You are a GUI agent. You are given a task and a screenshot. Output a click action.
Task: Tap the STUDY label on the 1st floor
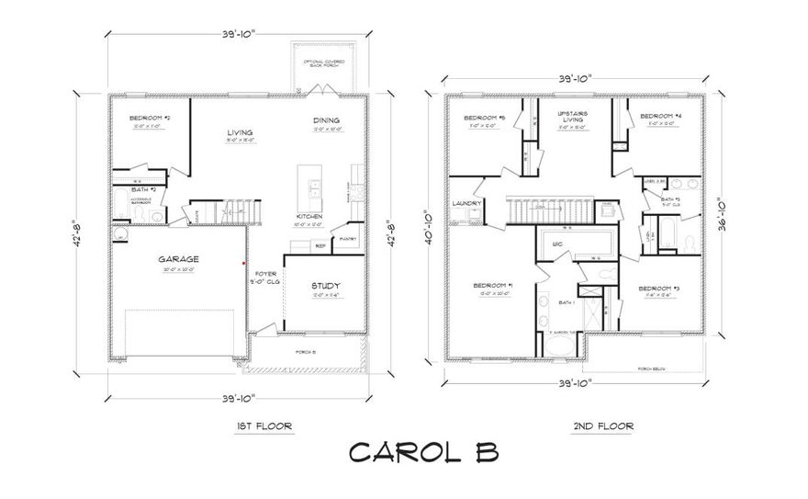(325, 286)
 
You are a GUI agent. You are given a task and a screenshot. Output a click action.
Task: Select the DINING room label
(325, 120)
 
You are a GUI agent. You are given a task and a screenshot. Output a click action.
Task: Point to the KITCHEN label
(309, 215)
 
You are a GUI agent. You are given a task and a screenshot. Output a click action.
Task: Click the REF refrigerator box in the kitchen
(320, 245)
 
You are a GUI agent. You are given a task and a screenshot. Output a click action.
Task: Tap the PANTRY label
(347, 239)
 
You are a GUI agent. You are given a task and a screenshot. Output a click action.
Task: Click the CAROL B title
(423, 453)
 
